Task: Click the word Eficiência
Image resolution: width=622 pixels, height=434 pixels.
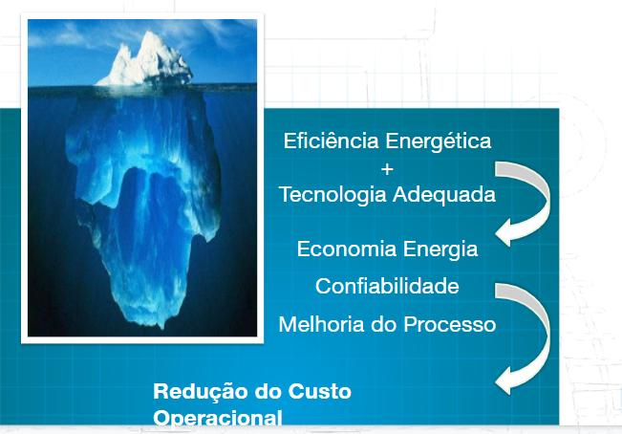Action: [331, 141]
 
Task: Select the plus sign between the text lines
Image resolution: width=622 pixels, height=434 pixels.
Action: [387, 169]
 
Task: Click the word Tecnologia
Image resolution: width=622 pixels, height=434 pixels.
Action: [332, 195]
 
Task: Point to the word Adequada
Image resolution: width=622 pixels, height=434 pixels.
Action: [444, 194]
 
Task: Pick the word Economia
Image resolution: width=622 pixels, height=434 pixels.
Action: [346, 250]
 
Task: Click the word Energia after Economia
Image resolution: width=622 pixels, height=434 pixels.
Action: [440, 250]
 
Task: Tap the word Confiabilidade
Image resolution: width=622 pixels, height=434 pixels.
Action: [387, 286]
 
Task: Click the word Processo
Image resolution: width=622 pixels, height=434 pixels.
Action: [449, 324]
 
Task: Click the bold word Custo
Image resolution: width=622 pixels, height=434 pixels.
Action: [320, 391]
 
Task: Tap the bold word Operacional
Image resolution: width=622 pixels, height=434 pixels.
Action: [218, 418]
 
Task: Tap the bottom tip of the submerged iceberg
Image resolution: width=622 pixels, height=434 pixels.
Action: [161, 327]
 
